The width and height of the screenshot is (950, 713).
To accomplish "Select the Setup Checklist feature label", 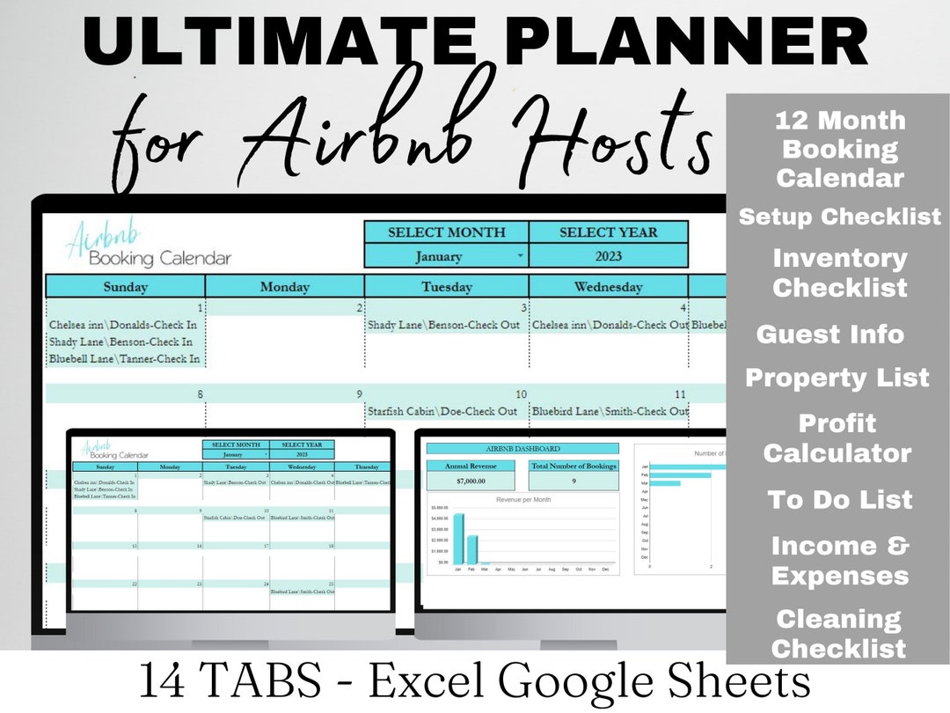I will pyautogui.click(x=839, y=217).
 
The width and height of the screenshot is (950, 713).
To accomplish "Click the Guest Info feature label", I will pyautogui.click(x=829, y=334).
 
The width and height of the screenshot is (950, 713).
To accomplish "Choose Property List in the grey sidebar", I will pyautogui.click(x=837, y=378).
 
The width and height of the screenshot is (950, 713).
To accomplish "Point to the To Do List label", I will pyautogui.click(x=839, y=500).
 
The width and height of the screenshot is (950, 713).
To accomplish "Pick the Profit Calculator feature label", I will pyautogui.click(x=837, y=438).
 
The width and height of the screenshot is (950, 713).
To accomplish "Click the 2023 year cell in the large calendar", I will pyautogui.click(x=608, y=256).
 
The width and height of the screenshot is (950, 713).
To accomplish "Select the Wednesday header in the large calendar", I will pyautogui.click(x=608, y=286).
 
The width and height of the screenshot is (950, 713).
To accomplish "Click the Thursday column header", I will pyautogui.click(x=367, y=467).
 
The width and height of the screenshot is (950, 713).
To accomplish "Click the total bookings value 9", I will pyautogui.click(x=574, y=482).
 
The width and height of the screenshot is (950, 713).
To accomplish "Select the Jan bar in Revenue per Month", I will pyautogui.click(x=458, y=539).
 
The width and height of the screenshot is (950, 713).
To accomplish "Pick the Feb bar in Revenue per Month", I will pyautogui.click(x=472, y=549).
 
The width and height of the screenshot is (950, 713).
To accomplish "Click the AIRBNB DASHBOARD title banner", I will pyautogui.click(x=522, y=449).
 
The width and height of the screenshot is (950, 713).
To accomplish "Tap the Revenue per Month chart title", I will pyautogui.click(x=522, y=499).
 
